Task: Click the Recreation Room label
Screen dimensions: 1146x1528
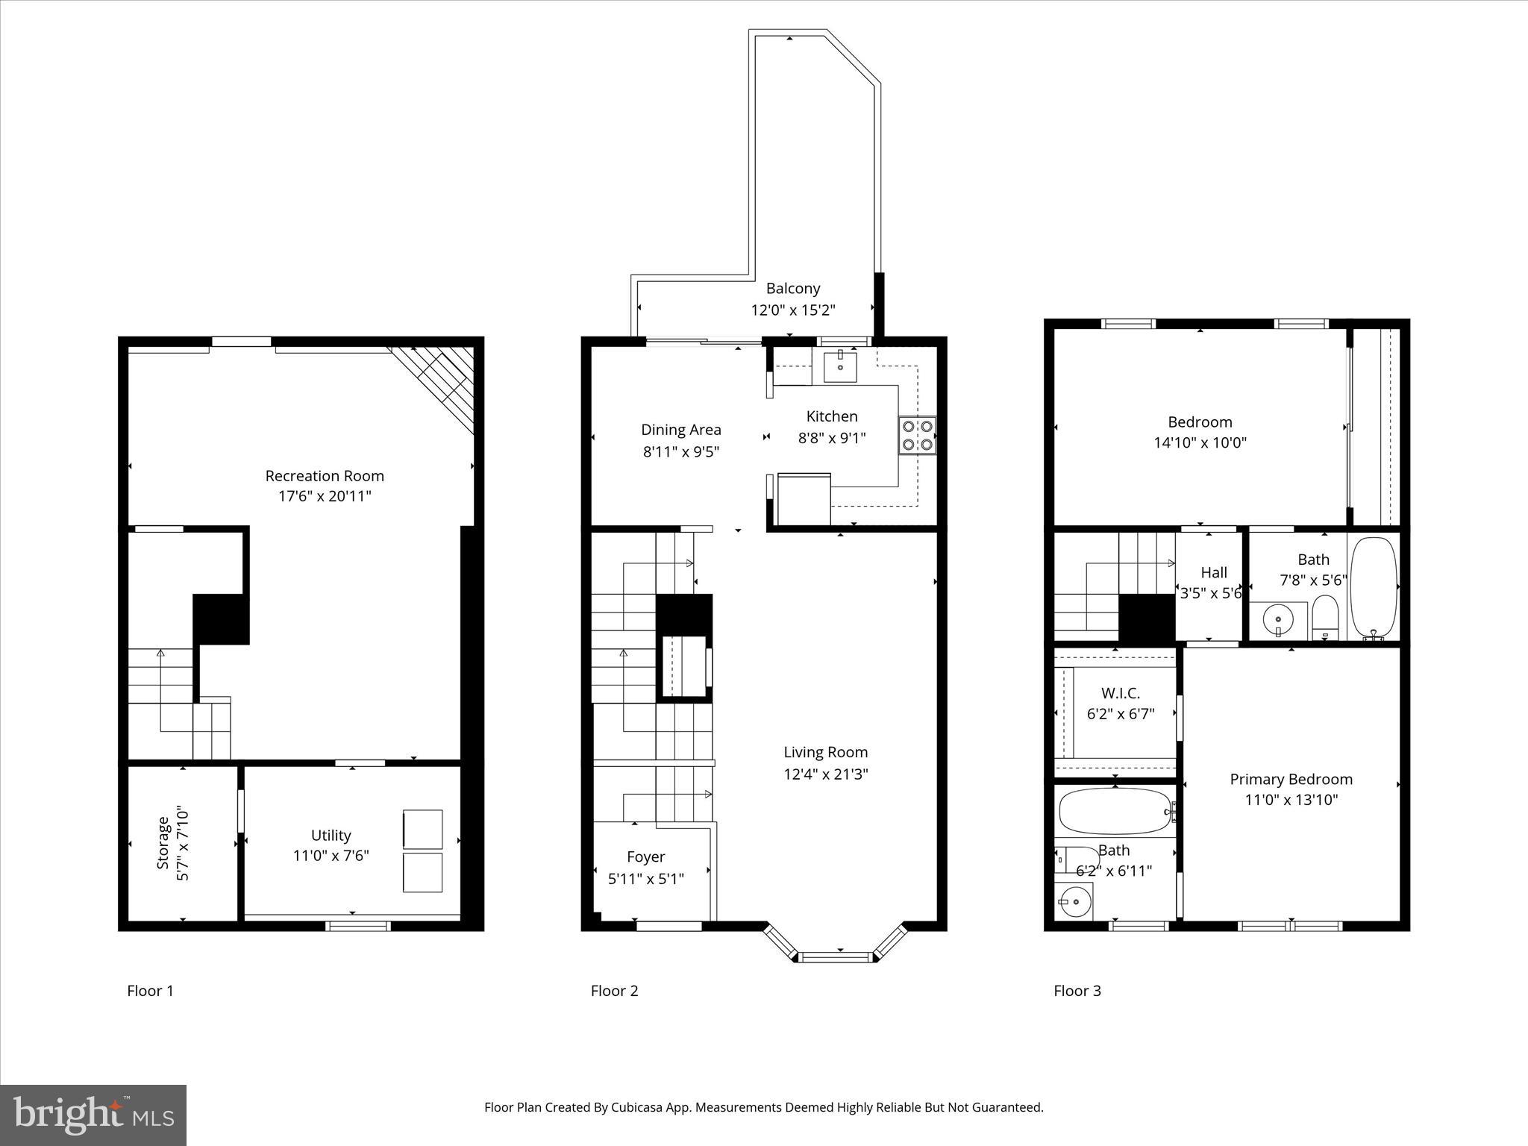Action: pyautogui.click(x=325, y=476)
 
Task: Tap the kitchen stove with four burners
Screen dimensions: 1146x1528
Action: pyautogui.click(x=917, y=436)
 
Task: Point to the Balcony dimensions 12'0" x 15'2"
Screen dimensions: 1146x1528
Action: pyautogui.click(x=792, y=310)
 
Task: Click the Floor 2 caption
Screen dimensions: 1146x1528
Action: pyautogui.click(x=614, y=991)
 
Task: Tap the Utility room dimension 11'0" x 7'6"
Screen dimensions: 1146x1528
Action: pyautogui.click(x=331, y=856)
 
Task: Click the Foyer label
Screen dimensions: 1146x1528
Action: pyautogui.click(x=645, y=857)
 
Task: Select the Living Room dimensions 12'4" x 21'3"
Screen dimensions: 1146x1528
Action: pyautogui.click(x=825, y=774)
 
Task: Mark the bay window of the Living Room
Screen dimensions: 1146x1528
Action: pyautogui.click(x=835, y=956)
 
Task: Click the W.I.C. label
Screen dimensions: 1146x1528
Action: pyautogui.click(x=1120, y=693)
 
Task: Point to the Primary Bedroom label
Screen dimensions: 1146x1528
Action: pyautogui.click(x=1291, y=779)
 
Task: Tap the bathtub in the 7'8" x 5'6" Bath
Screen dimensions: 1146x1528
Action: pyautogui.click(x=1374, y=586)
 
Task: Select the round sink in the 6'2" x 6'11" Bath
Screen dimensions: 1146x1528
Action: pyautogui.click(x=1074, y=902)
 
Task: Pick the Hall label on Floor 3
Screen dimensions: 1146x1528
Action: pyautogui.click(x=1213, y=573)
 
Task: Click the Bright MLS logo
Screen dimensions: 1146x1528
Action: pyautogui.click(x=93, y=1115)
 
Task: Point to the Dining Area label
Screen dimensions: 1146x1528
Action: pyautogui.click(x=680, y=430)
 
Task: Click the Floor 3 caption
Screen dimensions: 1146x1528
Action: pyautogui.click(x=1077, y=991)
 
